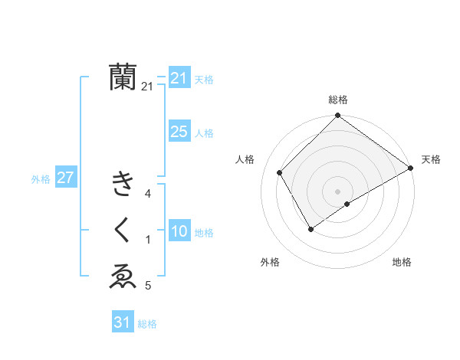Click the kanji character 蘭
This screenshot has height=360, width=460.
click(123, 77)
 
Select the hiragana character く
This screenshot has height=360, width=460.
click(123, 231)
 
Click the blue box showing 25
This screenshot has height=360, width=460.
click(179, 132)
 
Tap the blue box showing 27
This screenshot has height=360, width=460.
click(65, 178)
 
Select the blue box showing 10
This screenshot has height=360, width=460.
click(179, 231)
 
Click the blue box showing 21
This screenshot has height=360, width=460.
click(179, 78)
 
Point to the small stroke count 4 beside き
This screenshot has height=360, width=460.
click(148, 194)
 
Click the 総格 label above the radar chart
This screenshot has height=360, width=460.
click(337, 100)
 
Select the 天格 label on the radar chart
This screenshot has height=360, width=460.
click(431, 159)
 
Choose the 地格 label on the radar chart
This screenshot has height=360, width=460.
click(402, 262)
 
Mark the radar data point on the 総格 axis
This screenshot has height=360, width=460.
click(337, 116)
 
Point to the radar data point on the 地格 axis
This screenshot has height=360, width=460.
click(347, 204)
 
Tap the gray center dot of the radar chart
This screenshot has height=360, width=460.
click(337, 191)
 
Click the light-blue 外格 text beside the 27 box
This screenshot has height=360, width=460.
click(41, 179)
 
